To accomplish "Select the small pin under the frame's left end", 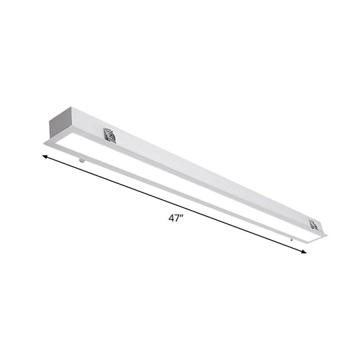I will (82, 159).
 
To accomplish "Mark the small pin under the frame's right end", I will (291, 238).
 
